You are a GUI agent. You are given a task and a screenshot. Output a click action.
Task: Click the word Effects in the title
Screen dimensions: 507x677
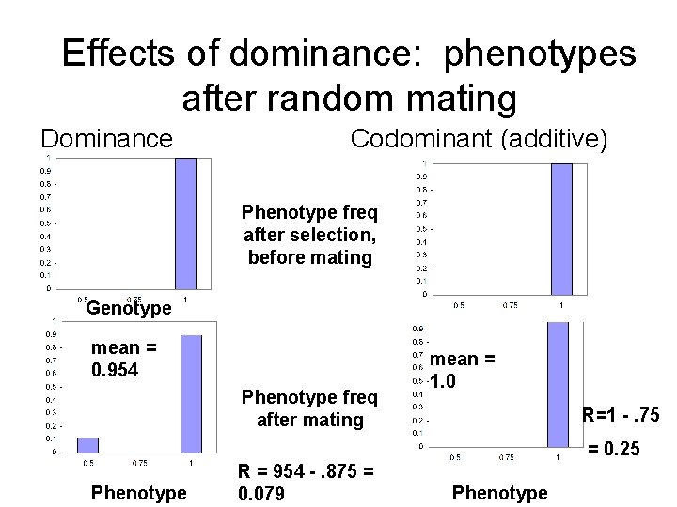coord(118,54)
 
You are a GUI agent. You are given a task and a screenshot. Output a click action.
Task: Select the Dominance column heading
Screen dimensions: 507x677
coord(106,139)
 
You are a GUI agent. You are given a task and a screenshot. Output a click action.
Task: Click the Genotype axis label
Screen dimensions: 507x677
coord(128,308)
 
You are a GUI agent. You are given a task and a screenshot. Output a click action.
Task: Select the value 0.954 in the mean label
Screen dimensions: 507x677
coord(115,370)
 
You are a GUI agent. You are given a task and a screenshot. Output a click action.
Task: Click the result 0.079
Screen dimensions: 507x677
coord(262,493)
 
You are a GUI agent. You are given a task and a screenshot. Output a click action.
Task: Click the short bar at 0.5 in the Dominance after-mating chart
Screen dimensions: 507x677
coord(87,444)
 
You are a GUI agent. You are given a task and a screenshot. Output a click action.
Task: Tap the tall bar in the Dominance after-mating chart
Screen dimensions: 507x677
coord(191,392)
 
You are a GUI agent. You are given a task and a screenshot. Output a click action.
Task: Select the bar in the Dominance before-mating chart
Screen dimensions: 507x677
coord(185,223)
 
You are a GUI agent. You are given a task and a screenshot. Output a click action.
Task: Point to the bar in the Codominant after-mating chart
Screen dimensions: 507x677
coord(559,385)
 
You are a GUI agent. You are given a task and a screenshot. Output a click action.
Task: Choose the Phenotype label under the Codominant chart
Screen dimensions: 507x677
coord(499,493)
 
